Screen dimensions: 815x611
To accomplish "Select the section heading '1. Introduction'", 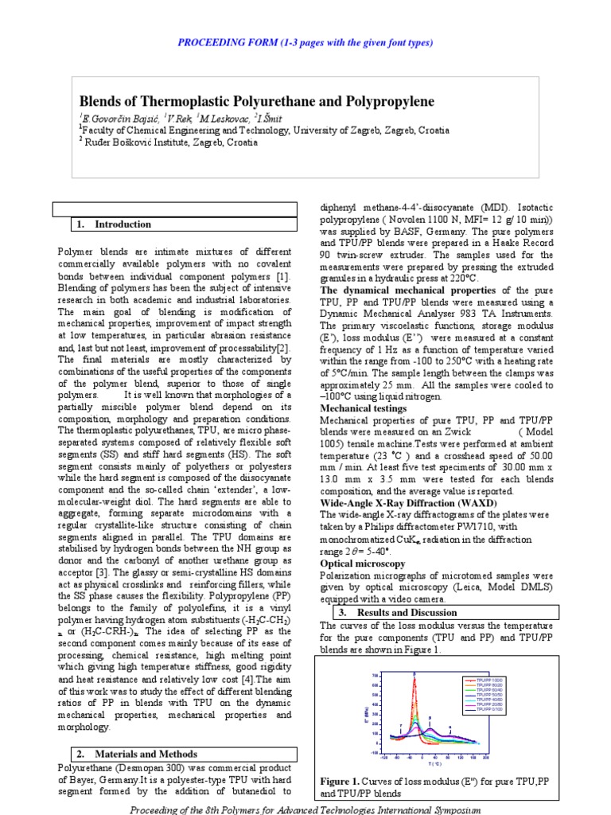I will (x=116, y=224).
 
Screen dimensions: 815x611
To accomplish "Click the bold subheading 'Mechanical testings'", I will (x=363, y=408).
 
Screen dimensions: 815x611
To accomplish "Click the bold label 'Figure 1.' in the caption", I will (x=340, y=781).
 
